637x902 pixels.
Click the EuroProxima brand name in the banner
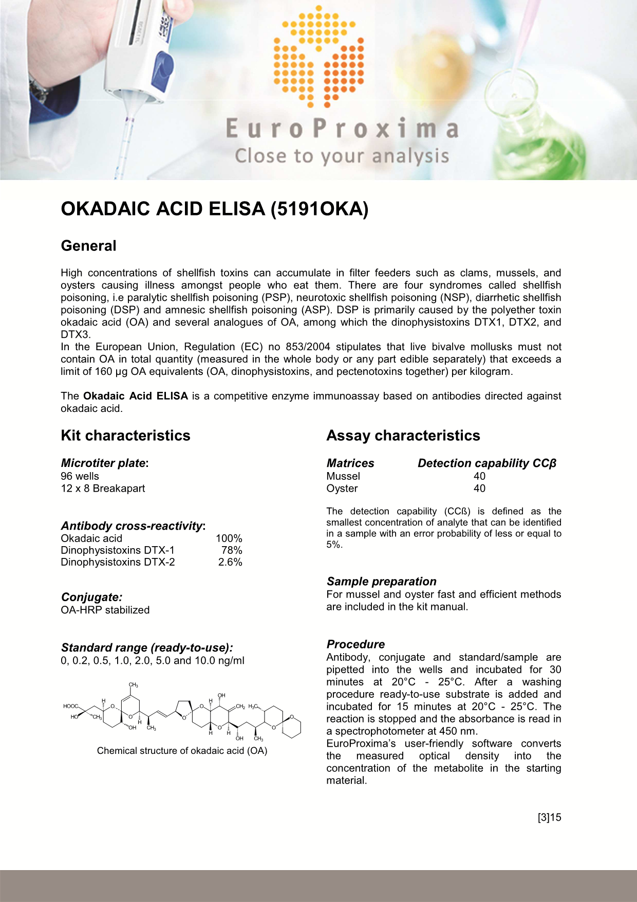(342, 129)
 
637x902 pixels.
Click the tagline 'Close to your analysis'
(342, 156)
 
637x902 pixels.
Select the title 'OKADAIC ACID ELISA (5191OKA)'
(215, 209)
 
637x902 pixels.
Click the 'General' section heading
(88, 246)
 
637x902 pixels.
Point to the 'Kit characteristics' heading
(125, 436)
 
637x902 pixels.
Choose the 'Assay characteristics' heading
(403, 436)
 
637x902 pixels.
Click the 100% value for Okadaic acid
(229, 538)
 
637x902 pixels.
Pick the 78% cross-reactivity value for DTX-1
(232, 550)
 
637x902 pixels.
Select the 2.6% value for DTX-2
(230, 562)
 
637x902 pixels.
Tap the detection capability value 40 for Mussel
(479, 476)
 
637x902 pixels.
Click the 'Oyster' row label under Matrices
(342, 489)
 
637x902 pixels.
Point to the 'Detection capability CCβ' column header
(486, 463)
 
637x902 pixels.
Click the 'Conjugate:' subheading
(91, 597)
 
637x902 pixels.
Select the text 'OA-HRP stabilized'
(105, 610)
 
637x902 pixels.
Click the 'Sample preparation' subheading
(381, 582)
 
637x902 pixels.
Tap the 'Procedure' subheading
(355, 644)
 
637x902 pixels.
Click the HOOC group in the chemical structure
(70, 706)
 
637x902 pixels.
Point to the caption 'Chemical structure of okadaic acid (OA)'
(182, 751)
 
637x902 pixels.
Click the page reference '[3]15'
(549, 817)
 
